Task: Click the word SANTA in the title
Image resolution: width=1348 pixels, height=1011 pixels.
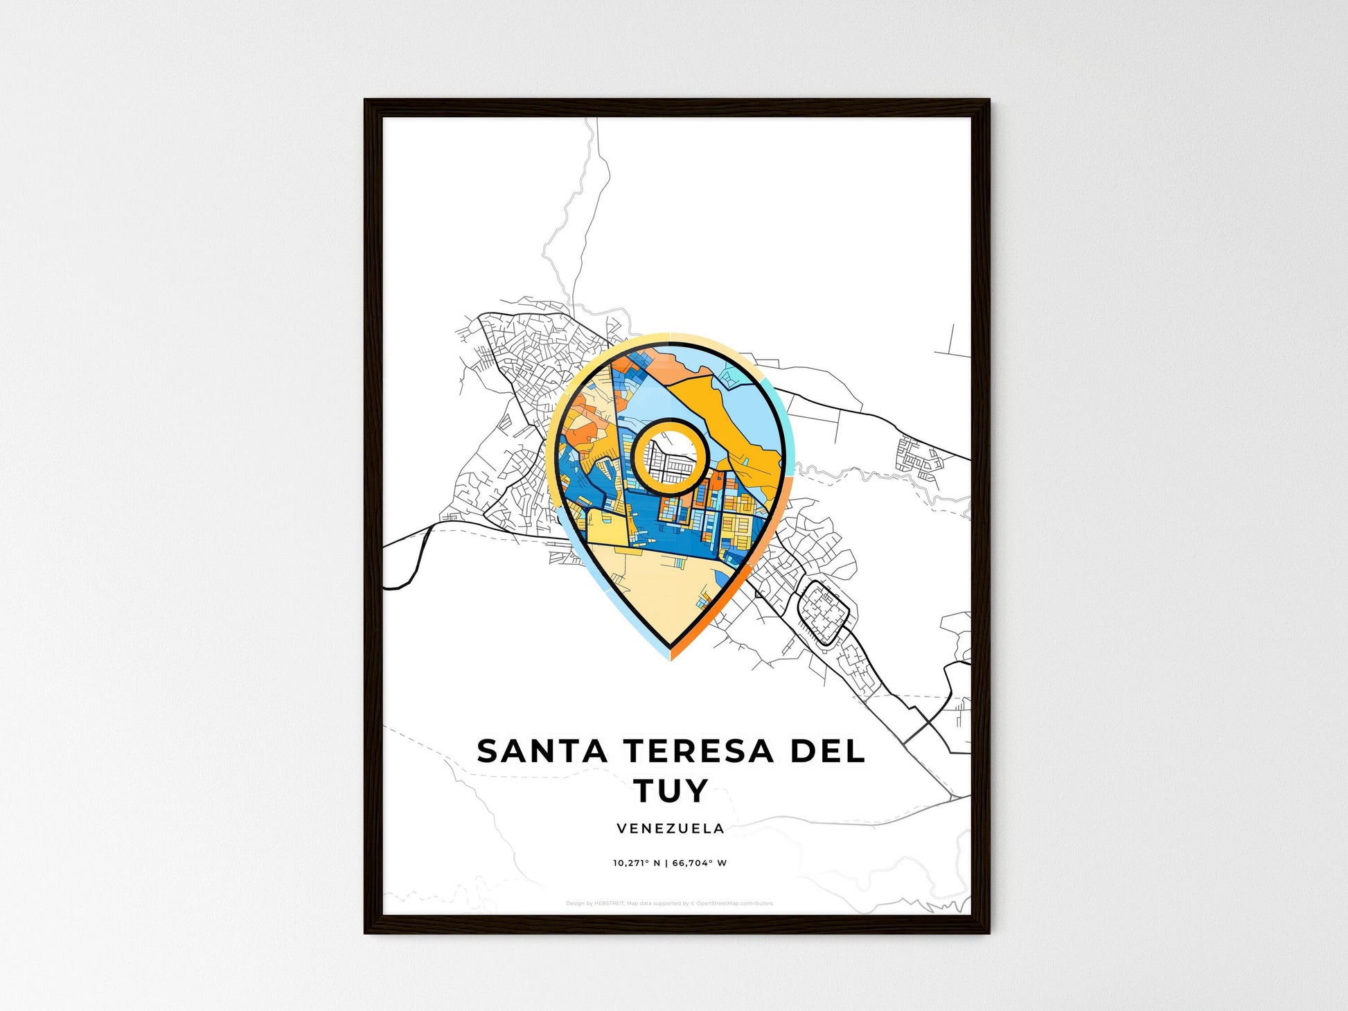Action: tap(541, 751)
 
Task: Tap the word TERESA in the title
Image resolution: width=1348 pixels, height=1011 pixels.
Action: tap(698, 751)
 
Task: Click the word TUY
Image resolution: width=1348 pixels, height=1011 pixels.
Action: tap(671, 790)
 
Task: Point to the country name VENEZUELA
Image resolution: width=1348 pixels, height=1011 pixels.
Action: tap(671, 828)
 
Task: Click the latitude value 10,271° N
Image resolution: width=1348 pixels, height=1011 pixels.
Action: tap(636, 863)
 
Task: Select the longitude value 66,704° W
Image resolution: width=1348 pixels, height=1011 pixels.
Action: tap(700, 863)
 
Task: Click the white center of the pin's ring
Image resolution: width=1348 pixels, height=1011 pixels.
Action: tap(669, 458)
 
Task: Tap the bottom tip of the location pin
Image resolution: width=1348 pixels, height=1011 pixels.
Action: tap(671, 656)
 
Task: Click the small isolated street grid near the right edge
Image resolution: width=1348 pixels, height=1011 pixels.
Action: tap(919, 454)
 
